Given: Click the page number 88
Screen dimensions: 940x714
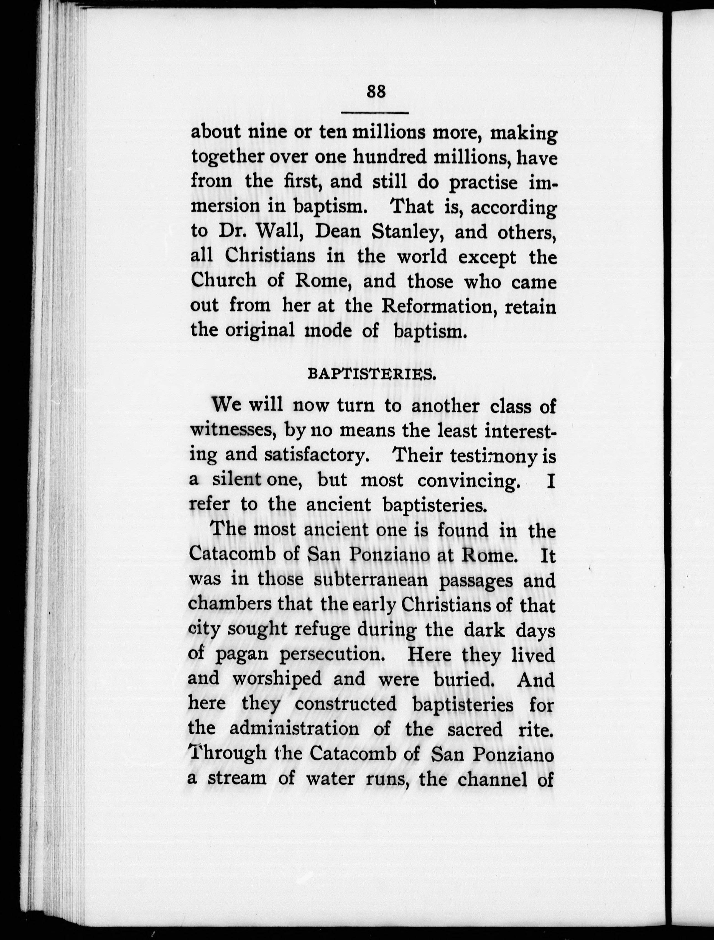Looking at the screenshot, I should (x=376, y=91).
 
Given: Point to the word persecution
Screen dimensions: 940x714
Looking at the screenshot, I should (x=332, y=655).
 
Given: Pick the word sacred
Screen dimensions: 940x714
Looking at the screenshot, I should (x=475, y=729).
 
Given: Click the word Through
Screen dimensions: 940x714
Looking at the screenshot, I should (x=227, y=753).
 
